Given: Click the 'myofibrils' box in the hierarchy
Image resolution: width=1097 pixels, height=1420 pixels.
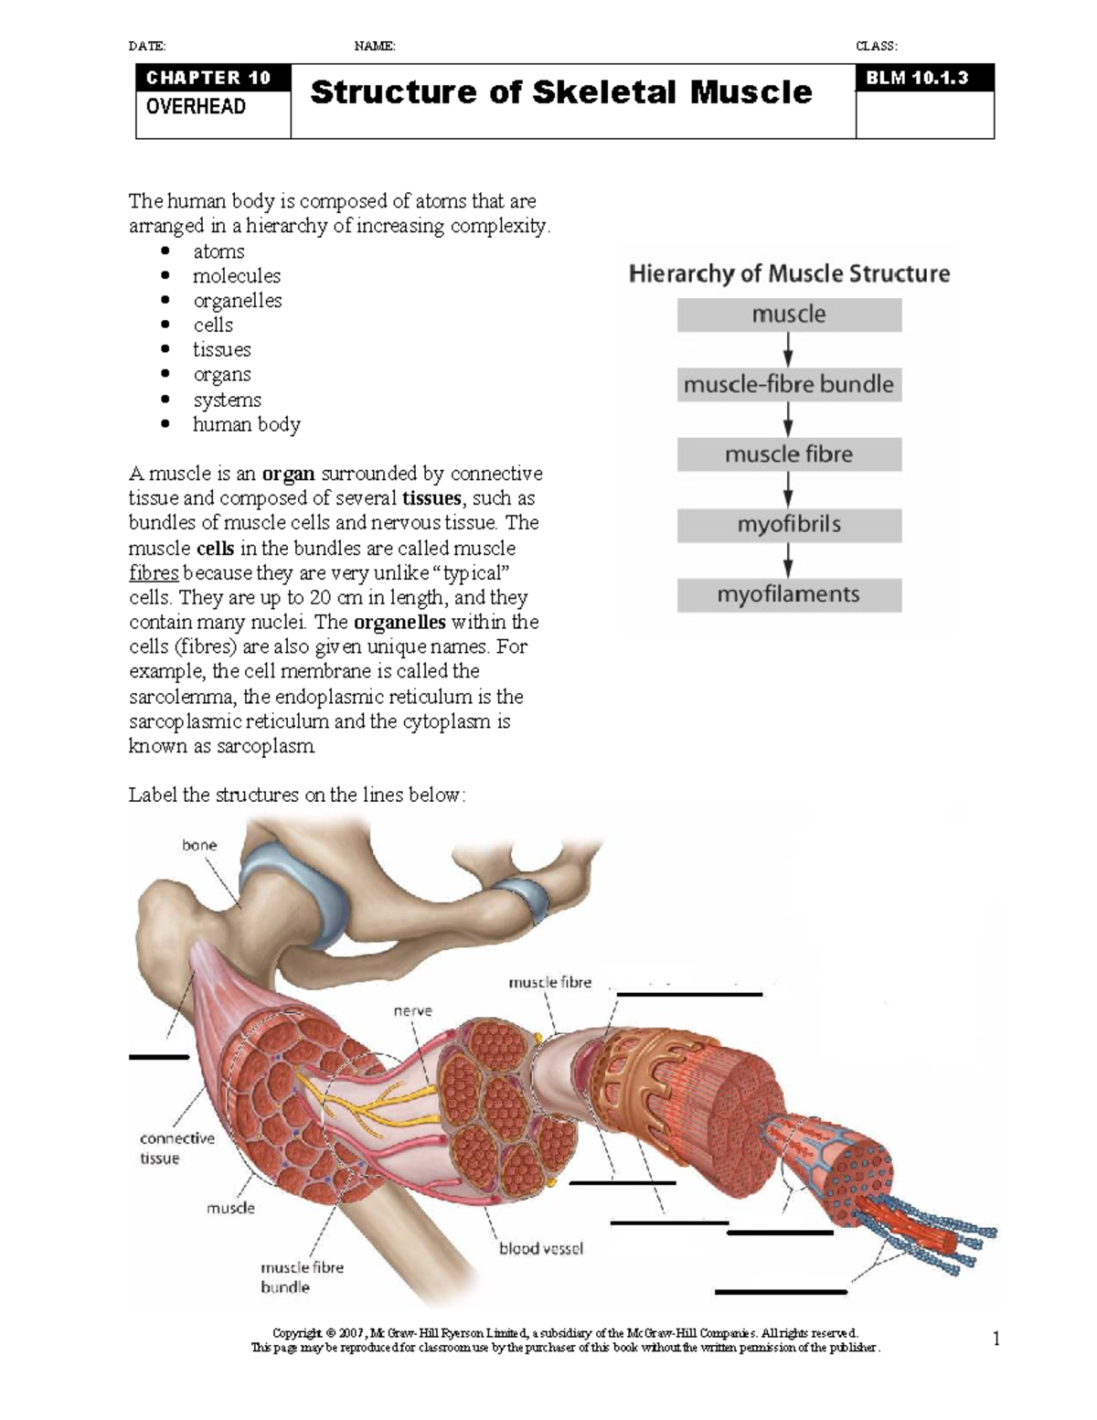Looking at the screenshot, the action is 789,525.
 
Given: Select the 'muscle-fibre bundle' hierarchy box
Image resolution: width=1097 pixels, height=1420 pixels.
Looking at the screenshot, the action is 789,384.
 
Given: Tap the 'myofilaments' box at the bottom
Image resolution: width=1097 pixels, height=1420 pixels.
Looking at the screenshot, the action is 789,595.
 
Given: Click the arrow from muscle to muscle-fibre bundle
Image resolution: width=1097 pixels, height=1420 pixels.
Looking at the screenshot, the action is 788,348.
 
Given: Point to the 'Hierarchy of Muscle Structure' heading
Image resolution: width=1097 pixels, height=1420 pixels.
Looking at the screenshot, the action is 789,273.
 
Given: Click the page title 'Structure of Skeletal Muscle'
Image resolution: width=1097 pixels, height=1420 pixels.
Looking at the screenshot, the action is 560,92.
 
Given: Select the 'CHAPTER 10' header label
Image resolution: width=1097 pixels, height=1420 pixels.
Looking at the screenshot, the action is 208,78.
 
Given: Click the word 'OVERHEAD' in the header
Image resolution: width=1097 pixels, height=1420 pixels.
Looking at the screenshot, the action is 196,106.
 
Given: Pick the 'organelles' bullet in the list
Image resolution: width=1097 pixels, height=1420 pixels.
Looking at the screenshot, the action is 237,301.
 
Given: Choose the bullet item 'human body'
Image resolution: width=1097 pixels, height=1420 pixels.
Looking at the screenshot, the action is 246,424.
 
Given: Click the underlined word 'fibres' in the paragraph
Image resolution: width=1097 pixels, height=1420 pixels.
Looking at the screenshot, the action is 154,573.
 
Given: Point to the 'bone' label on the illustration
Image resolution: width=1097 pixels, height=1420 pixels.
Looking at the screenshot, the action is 199,845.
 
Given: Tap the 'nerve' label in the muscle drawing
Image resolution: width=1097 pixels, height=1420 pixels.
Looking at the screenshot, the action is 412,1010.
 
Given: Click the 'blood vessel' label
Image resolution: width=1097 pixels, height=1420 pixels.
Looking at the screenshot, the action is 540,1248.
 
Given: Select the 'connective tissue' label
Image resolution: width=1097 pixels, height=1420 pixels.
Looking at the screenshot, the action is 176,1148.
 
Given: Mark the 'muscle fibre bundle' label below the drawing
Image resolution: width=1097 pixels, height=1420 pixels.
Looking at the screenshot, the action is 302,1277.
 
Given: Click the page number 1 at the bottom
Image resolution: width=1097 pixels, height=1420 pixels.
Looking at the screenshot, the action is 996,1340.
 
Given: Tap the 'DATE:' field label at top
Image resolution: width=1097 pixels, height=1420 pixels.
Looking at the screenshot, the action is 147,46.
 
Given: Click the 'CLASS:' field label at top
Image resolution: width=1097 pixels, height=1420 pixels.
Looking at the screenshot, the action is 876,46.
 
